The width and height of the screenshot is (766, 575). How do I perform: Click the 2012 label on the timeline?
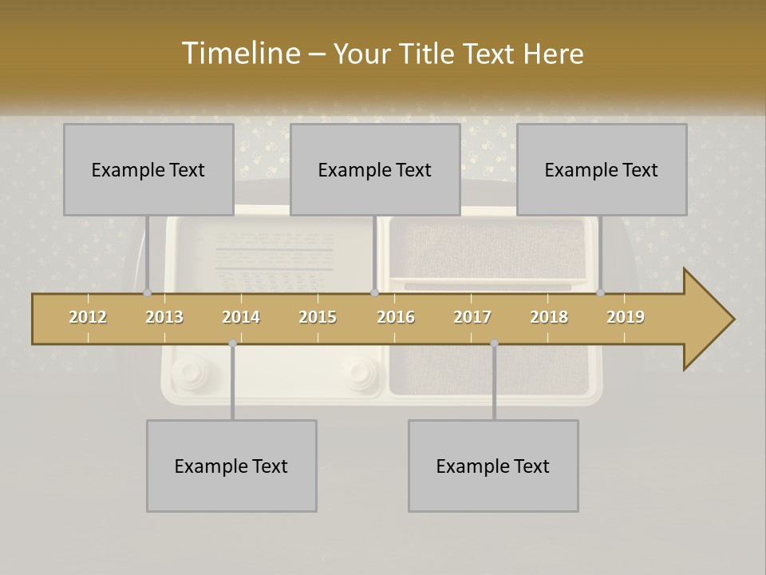(x=88, y=317)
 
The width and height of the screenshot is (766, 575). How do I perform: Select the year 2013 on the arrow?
(x=164, y=317)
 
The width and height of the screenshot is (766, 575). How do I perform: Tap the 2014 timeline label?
(x=241, y=317)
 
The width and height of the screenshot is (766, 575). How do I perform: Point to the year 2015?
(x=318, y=317)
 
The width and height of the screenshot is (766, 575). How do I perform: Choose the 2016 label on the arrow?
(x=396, y=317)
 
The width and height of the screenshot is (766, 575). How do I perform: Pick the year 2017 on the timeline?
(x=472, y=317)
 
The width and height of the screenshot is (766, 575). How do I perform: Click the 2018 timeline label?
(x=549, y=317)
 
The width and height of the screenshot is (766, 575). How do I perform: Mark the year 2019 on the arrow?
(x=626, y=317)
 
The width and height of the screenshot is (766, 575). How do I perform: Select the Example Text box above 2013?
(x=148, y=169)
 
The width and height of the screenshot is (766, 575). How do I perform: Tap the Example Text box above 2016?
(x=375, y=169)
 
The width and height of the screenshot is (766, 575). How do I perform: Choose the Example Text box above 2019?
(x=602, y=169)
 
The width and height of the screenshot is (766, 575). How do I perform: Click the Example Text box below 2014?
(x=231, y=466)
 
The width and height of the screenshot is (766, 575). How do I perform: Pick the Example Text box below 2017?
(x=493, y=466)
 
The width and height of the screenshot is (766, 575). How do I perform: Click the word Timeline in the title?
(x=239, y=54)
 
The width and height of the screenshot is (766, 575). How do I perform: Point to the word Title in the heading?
(x=432, y=54)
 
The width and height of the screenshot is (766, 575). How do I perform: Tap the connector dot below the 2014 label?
(x=232, y=343)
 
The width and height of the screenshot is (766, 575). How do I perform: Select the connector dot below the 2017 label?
(x=494, y=343)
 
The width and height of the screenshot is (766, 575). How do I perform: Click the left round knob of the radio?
(x=189, y=372)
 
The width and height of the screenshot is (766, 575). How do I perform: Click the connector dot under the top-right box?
(x=601, y=292)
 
